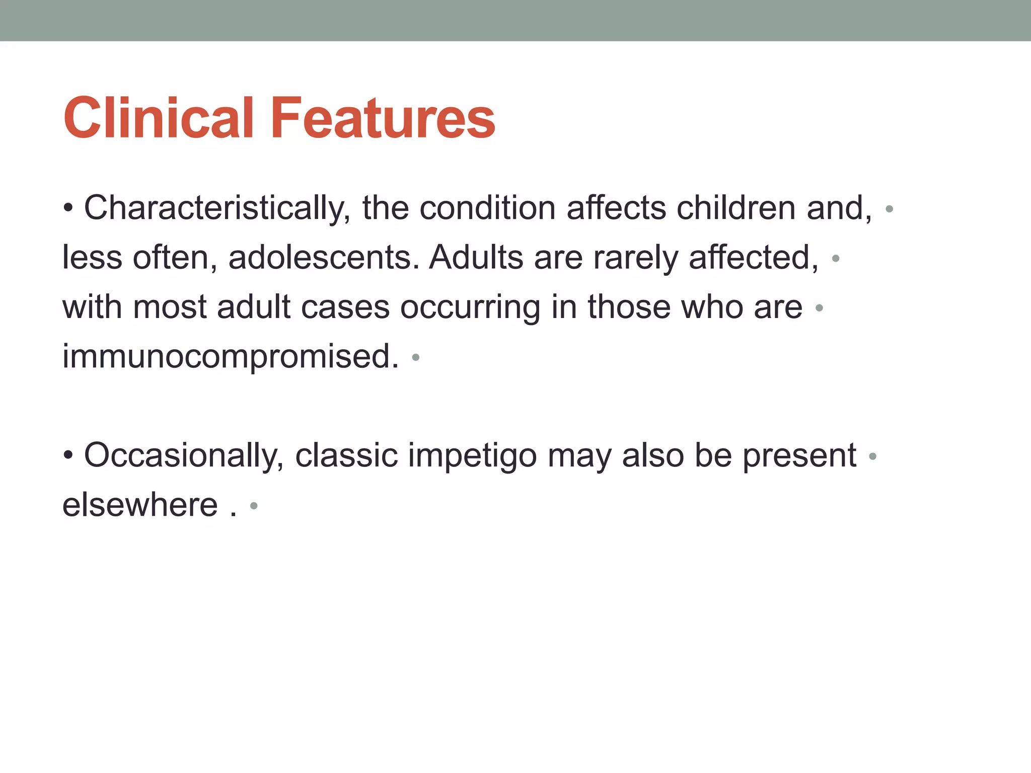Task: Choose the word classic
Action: click(x=346, y=455)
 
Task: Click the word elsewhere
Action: click(x=140, y=505)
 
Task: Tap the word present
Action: click(x=799, y=455)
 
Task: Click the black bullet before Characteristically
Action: click(x=68, y=208)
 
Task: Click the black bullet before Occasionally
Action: click(x=68, y=456)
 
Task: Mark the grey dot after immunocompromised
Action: click(x=415, y=358)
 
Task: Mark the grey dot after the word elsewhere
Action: click(x=254, y=506)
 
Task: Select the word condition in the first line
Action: click(x=487, y=208)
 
